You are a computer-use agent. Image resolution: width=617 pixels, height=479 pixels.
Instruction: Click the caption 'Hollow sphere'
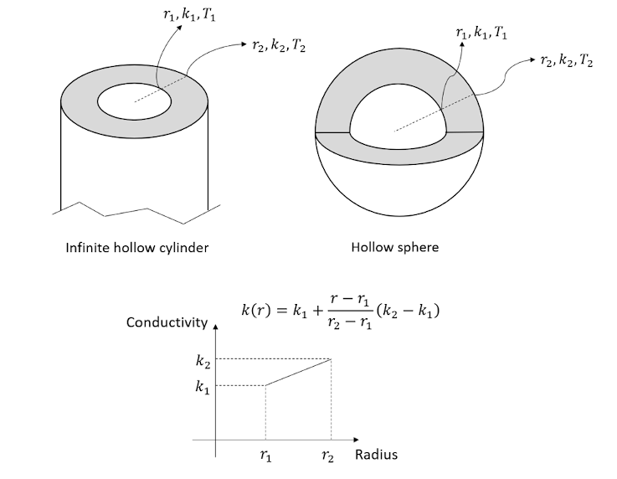(396, 247)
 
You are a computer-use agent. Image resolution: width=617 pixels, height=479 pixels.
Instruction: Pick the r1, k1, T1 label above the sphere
(481, 32)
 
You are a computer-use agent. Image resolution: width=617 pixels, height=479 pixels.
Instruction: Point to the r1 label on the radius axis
(265, 456)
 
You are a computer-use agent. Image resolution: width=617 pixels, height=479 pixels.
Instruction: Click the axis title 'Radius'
(376, 456)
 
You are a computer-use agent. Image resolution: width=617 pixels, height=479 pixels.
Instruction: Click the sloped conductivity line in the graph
(299, 373)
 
